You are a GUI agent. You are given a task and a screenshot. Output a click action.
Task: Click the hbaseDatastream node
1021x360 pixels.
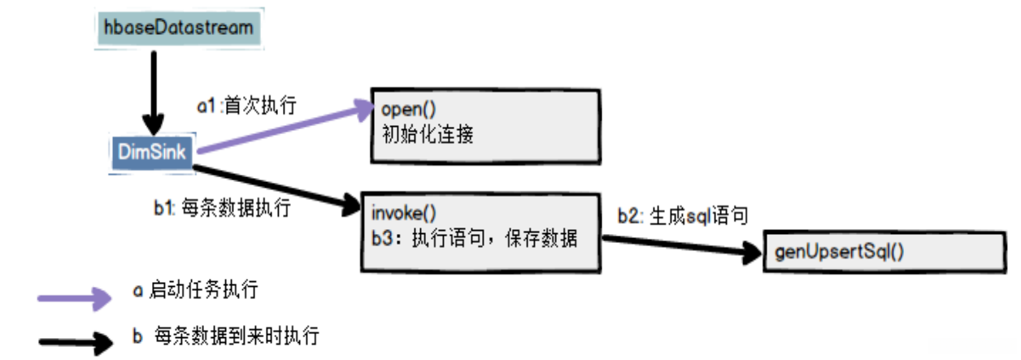[178, 28]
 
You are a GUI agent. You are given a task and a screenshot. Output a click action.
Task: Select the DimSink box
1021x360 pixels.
[151, 150]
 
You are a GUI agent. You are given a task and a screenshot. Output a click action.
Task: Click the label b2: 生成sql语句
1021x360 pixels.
[682, 215]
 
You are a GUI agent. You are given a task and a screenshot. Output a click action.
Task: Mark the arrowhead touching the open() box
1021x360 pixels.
[362, 108]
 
